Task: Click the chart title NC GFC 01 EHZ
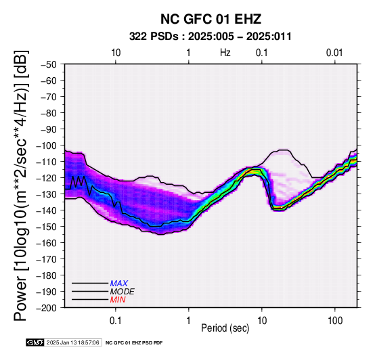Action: pyautogui.click(x=211, y=19)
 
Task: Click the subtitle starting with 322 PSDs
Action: pyautogui.click(x=211, y=37)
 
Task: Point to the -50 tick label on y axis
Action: pyautogui.click(x=49, y=64)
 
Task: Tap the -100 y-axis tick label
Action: pyautogui.click(x=47, y=145)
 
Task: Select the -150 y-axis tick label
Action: pyautogui.click(x=47, y=227)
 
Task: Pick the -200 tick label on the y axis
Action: pyautogui.click(x=47, y=308)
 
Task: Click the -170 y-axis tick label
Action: pyautogui.click(x=47, y=259)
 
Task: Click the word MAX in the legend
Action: pyautogui.click(x=119, y=284)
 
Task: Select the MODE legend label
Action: pyautogui.click(x=123, y=292)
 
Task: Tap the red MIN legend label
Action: pyautogui.click(x=118, y=300)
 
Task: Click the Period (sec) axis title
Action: pyautogui.click(x=225, y=328)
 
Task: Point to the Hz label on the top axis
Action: pyautogui.click(x=225, y=53)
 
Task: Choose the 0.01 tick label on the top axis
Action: pyautogui.click(x=334, y=53)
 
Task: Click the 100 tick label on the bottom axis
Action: pyautogui.click(x=335, y=321)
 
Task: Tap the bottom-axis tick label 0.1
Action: pyautogui.click(x=116, y=321)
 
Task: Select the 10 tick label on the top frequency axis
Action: pyautogui.click(x=116, y=53)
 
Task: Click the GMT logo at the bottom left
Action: pyautogui.click(x=35, y=342)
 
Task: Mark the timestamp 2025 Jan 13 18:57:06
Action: pyautogui.click(x=72, y=342)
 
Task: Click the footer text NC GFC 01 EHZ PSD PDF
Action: pyautogui.click(x=134, y=343)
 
